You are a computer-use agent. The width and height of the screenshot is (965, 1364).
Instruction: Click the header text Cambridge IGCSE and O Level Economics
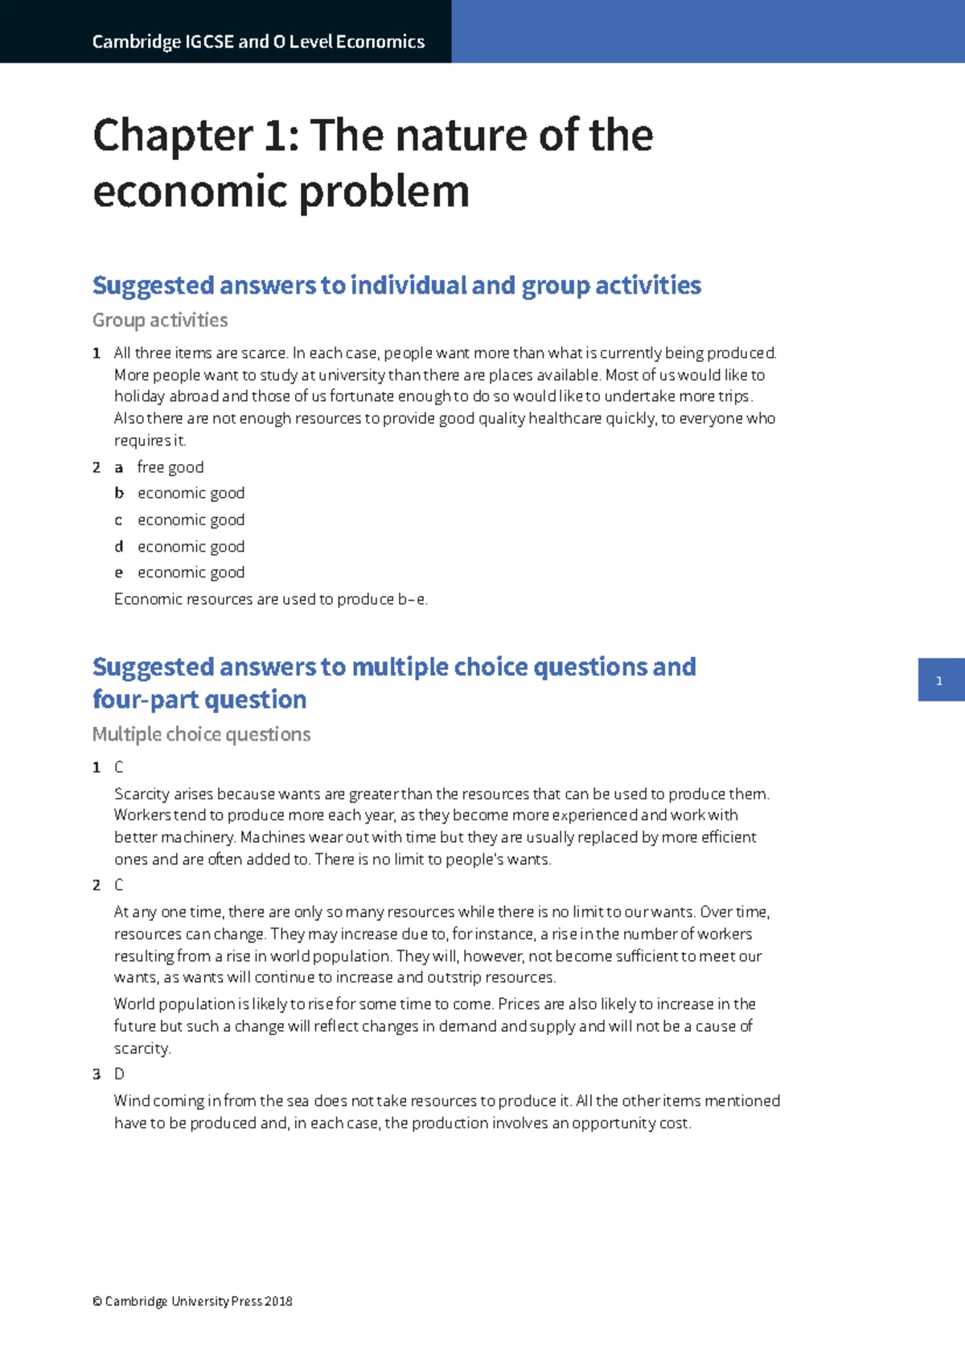[x=258, y=42]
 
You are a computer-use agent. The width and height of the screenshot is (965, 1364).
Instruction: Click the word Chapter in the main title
[x=173, y=135]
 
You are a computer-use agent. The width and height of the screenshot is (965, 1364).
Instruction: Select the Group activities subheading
[x=160, y=320]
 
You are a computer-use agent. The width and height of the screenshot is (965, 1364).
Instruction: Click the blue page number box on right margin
[x=940, y=680]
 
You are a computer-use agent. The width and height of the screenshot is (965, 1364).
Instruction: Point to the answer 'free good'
[x=170, y=467]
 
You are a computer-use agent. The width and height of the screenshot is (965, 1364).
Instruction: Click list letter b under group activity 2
[x=119, y=493]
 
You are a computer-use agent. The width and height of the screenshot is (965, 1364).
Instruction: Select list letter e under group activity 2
[x=119, y=573]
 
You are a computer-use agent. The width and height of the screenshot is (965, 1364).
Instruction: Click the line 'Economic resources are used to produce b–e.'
[x=270, y=599]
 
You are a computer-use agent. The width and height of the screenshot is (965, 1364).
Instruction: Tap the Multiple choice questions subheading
[x=201, y=734]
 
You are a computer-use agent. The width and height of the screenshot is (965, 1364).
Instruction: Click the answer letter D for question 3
[x=119, y=1074]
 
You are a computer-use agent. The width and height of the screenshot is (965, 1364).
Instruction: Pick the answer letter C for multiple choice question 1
[x=119, y=767]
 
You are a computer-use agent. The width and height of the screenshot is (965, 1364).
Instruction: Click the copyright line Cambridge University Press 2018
[x=192, y=1301]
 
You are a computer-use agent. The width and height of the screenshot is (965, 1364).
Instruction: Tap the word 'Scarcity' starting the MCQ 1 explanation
[x=142, y=794]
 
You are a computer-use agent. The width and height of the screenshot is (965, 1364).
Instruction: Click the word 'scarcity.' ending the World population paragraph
[x=142, y=1049]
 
